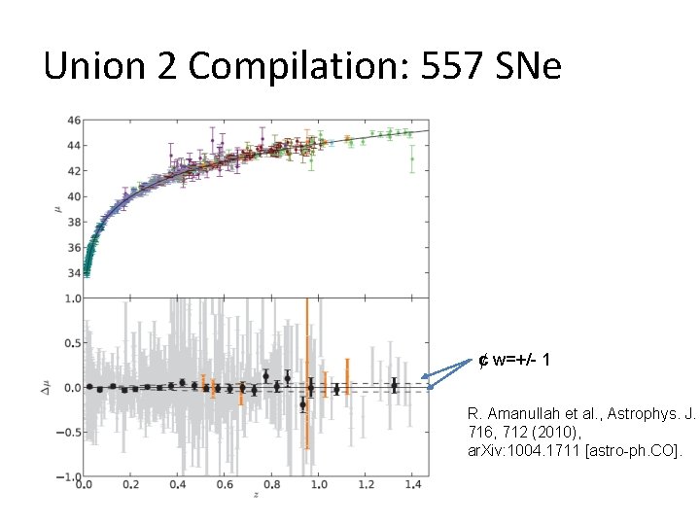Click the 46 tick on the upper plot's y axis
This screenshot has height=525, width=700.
tap(74, 121)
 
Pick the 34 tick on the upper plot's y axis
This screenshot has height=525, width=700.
tap(74, 274)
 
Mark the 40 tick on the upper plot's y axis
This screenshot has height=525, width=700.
tap(74, 197)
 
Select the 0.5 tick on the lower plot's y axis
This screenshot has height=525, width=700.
tap(72, 343)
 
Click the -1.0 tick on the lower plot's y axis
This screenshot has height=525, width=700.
tap(70, 477)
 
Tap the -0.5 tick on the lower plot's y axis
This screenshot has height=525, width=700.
tap(70, 433)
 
